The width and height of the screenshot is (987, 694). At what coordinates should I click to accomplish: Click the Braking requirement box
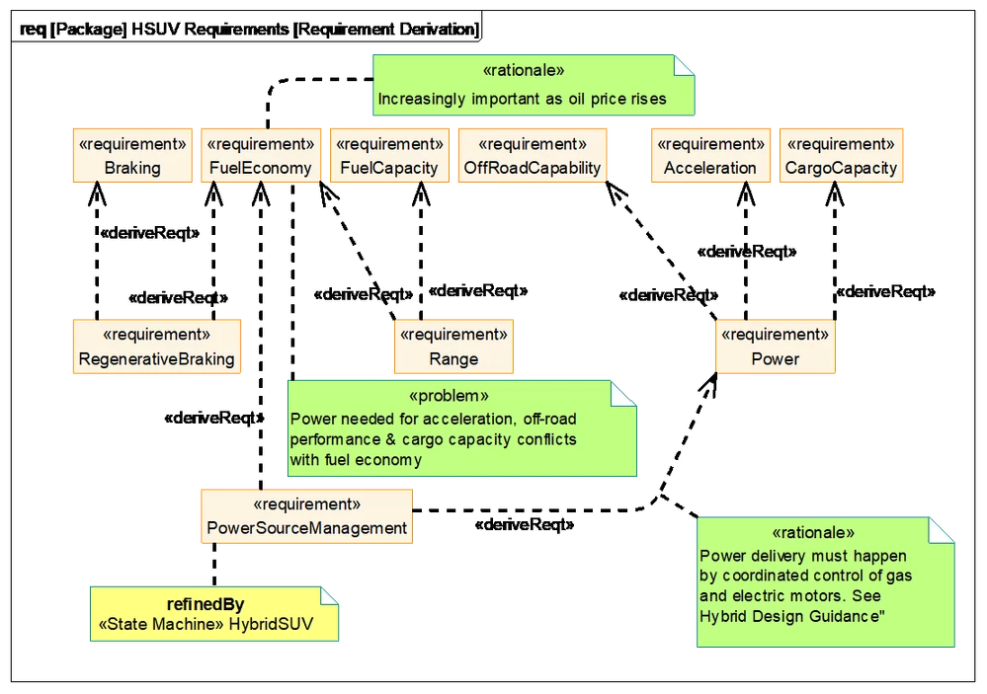pyautogui.click(x=132, y=155)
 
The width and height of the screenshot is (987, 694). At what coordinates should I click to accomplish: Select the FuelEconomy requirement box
pyautogui.click(x=261, y=155)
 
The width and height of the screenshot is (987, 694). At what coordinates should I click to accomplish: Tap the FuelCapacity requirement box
pyautogui.click(x=389, y=155)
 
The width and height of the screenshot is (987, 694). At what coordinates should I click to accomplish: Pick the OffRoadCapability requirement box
pyautogui.click(x=533, y=155)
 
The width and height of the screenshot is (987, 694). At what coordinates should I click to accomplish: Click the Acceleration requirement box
pyautogui.click(x=710, y=155)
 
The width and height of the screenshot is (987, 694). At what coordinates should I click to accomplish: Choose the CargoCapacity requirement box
pyautogui.click(x=841, y=155)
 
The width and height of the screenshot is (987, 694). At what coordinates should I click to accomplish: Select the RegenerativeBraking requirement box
pyautogui.click(x=157, y=347)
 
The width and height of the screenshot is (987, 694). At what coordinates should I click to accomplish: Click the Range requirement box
pyautogui.click(x=453, y=347)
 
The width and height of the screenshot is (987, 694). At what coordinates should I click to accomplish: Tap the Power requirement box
pyautogui.click(x=776, y=347)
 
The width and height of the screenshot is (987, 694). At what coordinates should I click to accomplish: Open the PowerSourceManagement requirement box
pyautogui.click(x=306, y=516)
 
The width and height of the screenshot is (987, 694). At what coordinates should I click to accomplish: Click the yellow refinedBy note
pyautogui.click(x=214, y=614)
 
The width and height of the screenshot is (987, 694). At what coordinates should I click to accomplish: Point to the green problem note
pyautogui.click(x=462, y=427)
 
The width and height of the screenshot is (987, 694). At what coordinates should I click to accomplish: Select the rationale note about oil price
pyautogui.click(x=534, y=85)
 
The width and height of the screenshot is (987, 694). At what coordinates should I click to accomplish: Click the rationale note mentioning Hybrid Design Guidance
pyautogui.click(x=825, y=582)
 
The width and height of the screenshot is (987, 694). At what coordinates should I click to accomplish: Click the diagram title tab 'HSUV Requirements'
pyautogui.click(x=249, y=29)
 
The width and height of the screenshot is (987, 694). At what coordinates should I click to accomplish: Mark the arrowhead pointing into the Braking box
pyautogui.click(x=97, y=193)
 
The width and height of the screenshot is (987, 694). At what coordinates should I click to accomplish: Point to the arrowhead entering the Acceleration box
pyautogui.click(x=746, y=193)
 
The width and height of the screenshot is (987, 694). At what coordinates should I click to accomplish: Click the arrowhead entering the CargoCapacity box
pyautogui.click(x=835, y=193)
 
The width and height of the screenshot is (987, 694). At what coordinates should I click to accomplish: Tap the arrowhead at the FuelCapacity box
pyautogui.click(x=421, y=193)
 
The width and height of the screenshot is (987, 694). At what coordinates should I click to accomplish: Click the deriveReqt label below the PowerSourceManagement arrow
pyautogui.click(x=525, y=525)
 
